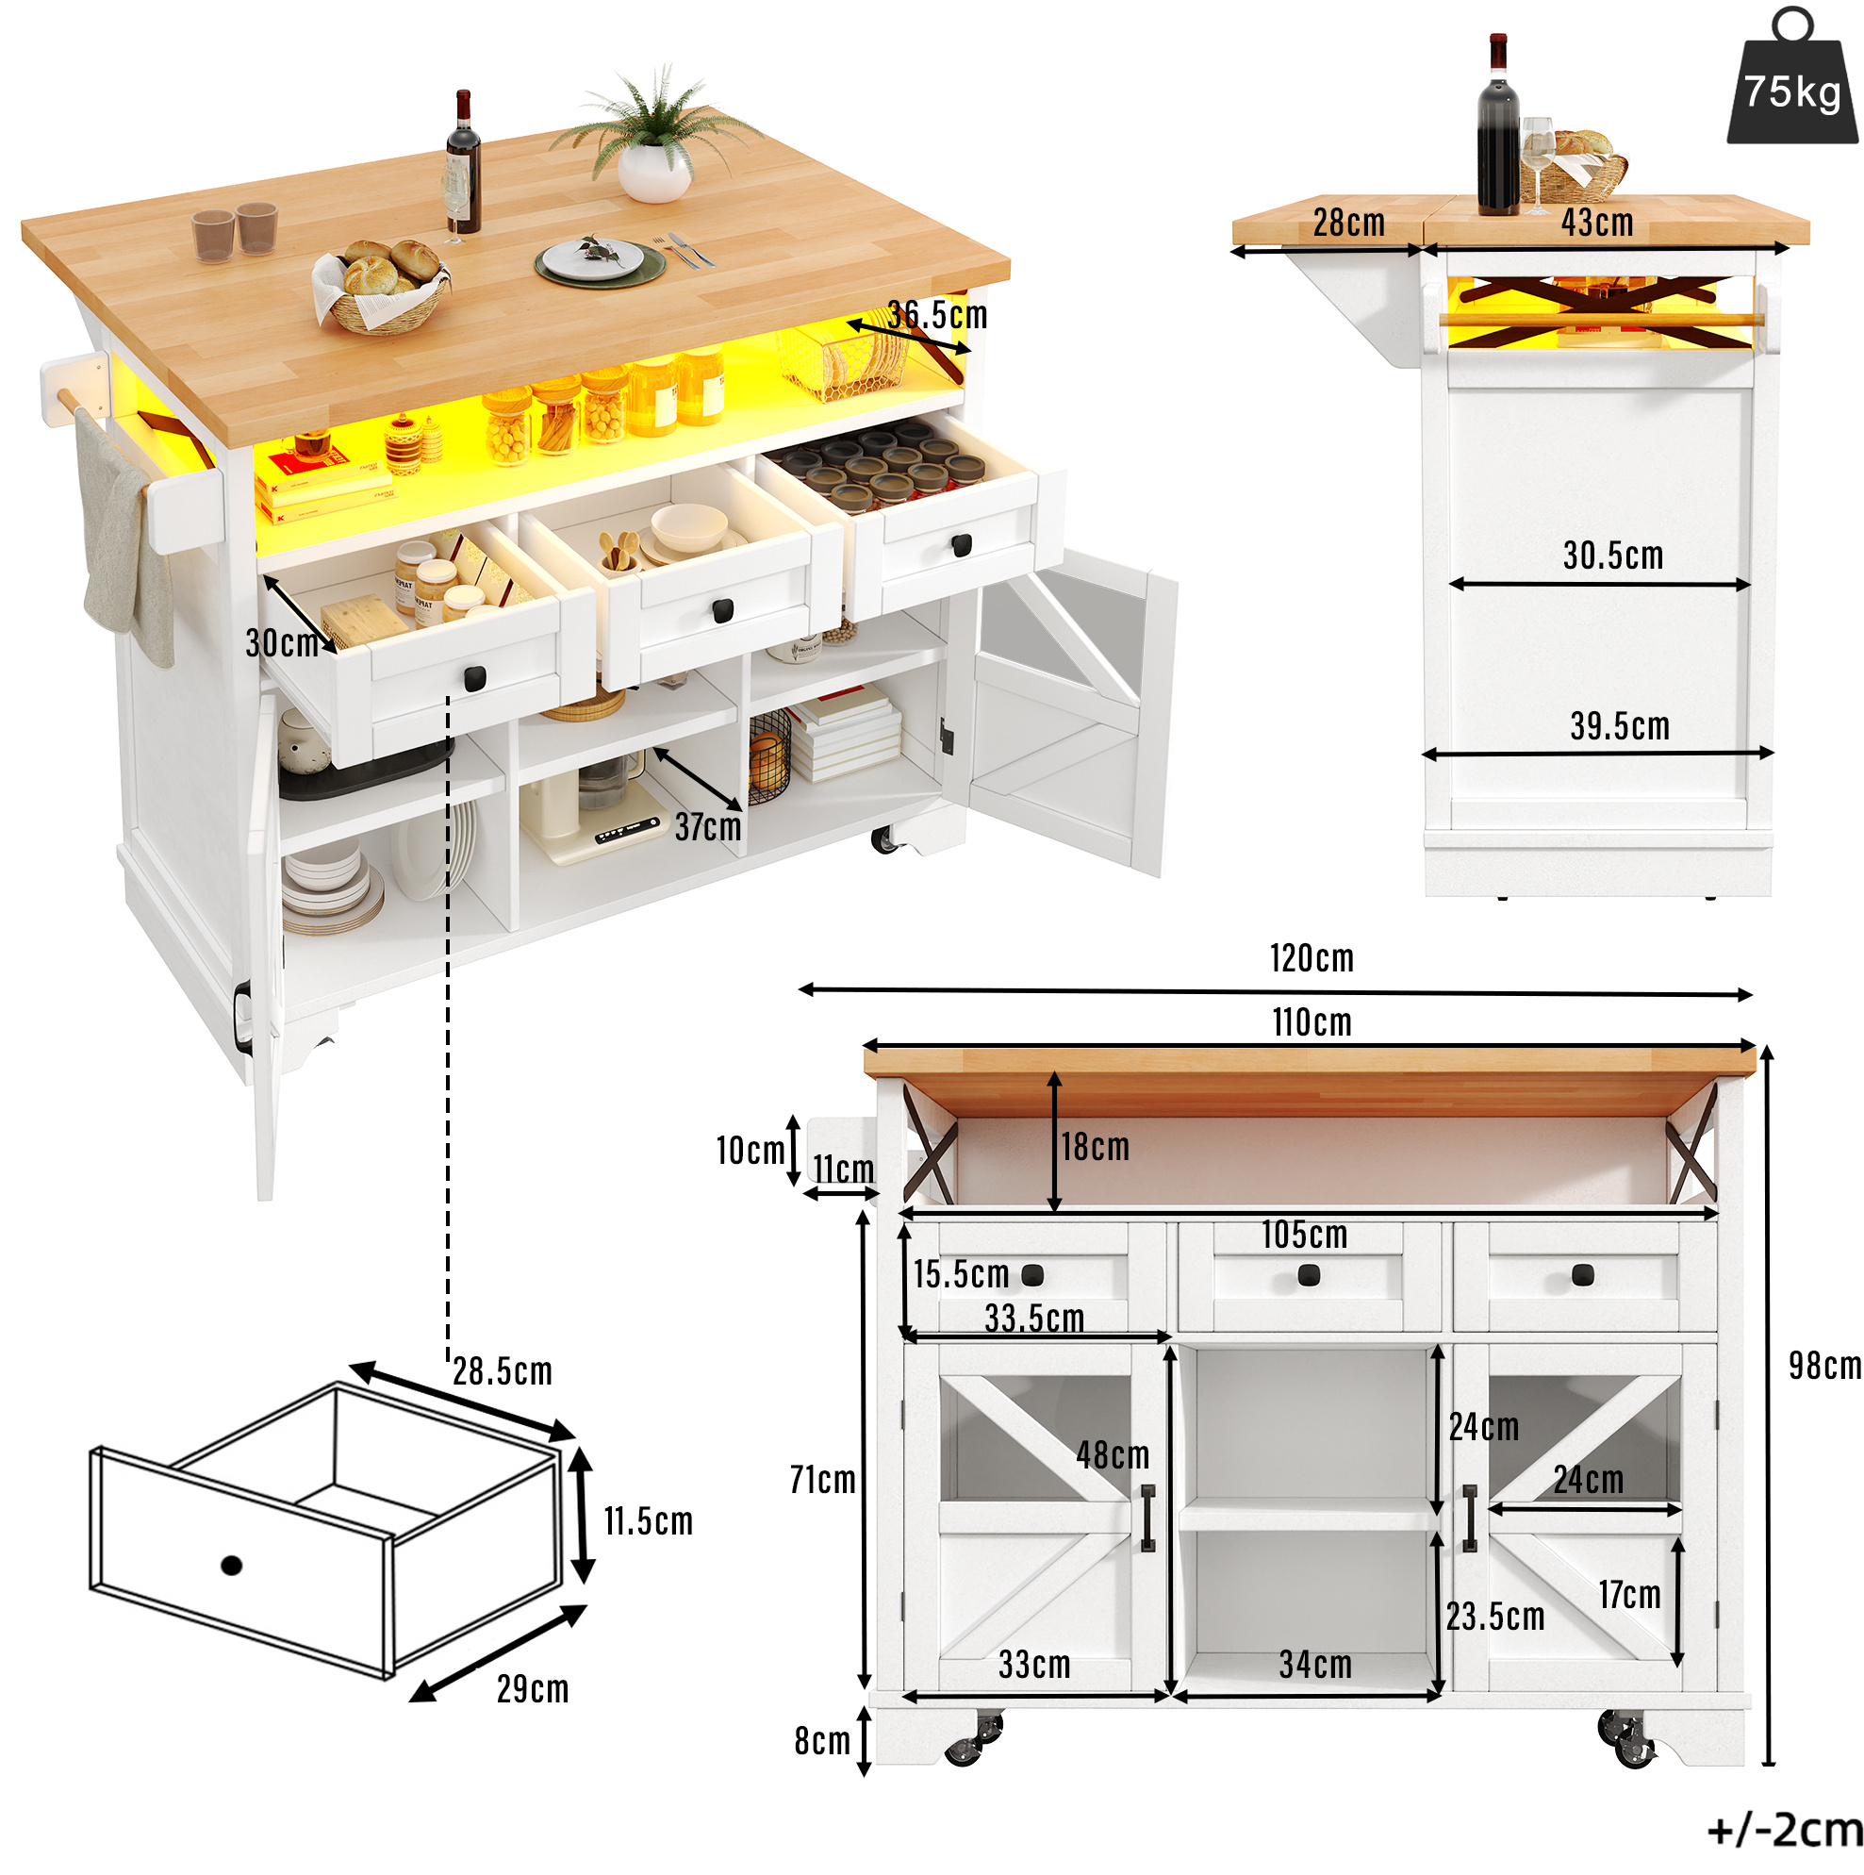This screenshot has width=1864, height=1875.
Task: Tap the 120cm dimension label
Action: click(x=1311, y=959)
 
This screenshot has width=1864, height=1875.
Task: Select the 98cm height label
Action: click(x=1824, y=1367)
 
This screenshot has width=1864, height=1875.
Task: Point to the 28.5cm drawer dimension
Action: click(x=502, y=1371)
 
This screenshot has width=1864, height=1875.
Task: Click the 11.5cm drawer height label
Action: click(x=648, y=1521)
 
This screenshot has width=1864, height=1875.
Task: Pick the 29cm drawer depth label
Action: click(x=532, y=1689)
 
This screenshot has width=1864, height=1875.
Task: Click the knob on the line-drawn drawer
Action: click(x=231, y=1566)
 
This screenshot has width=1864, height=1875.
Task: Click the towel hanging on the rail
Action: click(x=126, y=539)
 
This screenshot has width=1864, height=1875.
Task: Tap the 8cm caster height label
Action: click(x=821, y=1742)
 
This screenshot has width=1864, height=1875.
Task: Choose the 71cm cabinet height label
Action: click(x=822, y=1481)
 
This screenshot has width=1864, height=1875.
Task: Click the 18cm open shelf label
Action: click(x=1095, y=1148)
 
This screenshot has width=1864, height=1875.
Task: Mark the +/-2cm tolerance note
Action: click(x=1785, y=1832)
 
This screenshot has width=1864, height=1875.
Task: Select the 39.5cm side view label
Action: click(x=1620, y=727)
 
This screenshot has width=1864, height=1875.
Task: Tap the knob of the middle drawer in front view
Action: click(x=1308, y=1276)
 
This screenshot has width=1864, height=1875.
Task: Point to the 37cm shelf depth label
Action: click(x=707, y=828)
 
